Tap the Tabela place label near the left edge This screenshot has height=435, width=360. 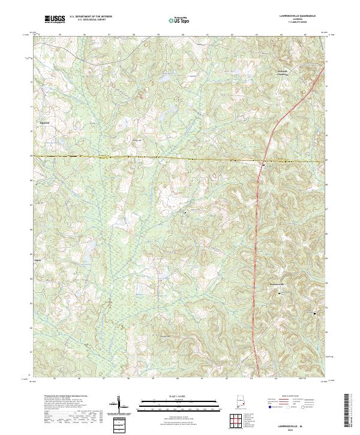click(37, 261)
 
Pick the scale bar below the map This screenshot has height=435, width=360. click(179, 404)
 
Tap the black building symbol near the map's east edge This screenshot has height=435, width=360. click(316, 312)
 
